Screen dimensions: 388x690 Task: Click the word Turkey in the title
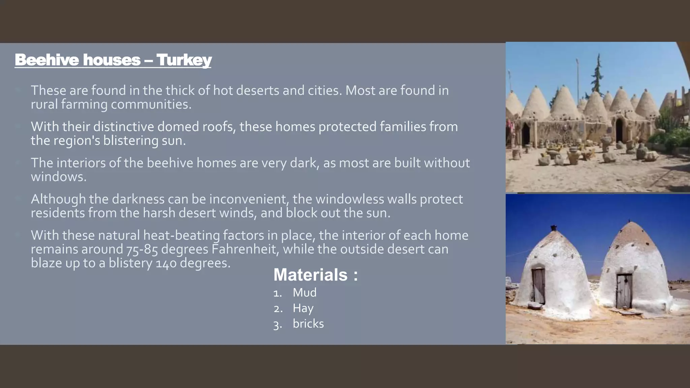click(x=184, y=60)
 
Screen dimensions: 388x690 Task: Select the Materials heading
click(x=315, y=275)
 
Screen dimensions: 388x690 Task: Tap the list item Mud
click(x=305, y=293)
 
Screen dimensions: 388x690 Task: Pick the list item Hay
click(x=303, y=308)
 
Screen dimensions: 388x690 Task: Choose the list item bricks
click(x=308, y=324)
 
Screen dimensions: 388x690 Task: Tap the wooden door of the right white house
click(x=624, y=291)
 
